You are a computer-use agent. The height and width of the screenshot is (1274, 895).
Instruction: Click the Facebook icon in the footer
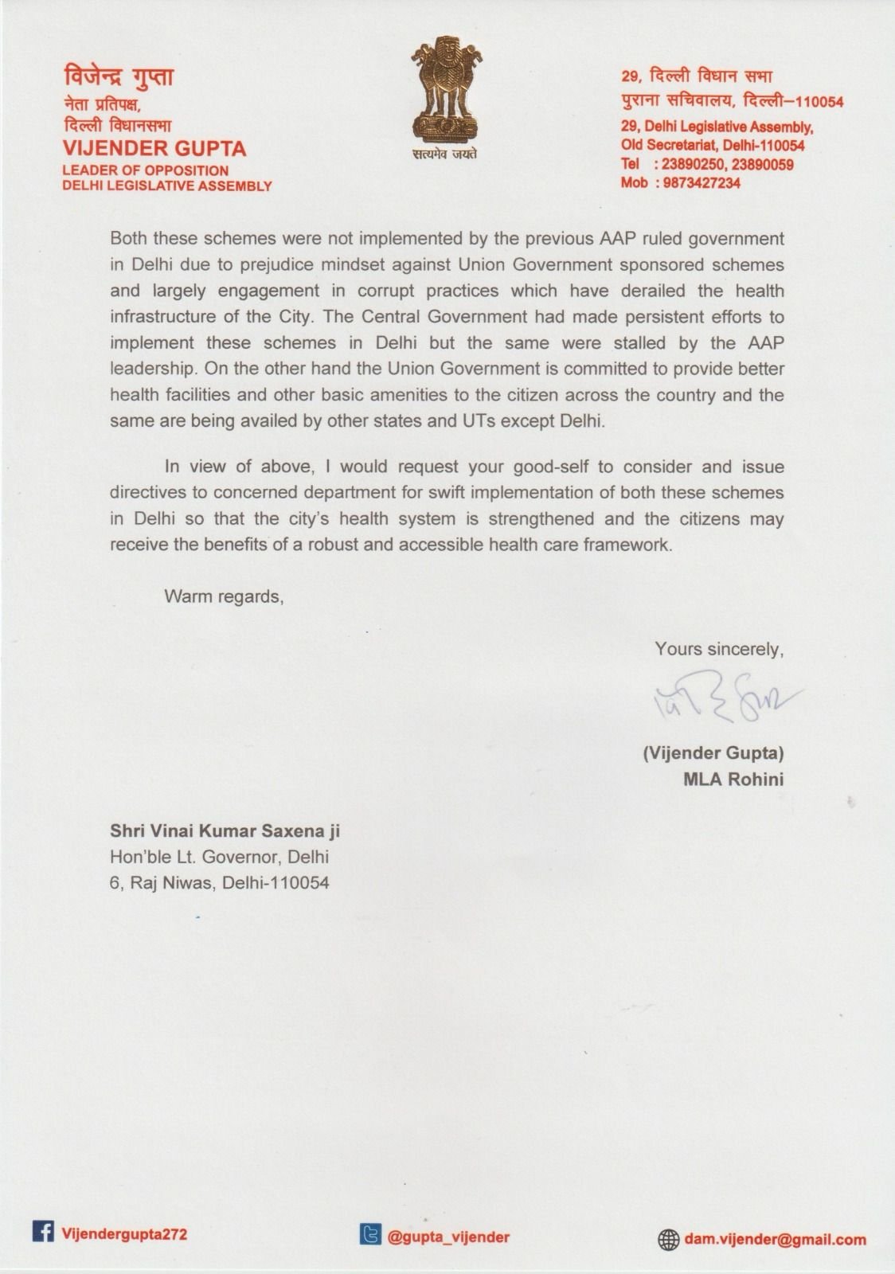(42, 1232)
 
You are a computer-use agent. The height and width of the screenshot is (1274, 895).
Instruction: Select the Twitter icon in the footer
(369, 1235)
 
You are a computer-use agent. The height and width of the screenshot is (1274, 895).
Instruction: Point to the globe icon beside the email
(667, 1239)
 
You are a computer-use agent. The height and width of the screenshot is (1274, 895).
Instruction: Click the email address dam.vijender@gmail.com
(775, 1239)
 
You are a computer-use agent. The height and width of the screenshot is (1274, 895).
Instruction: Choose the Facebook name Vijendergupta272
(124, 1233)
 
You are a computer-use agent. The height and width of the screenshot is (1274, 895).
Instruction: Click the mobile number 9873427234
(697, 182)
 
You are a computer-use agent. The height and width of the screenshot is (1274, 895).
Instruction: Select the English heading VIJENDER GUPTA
(154, 149)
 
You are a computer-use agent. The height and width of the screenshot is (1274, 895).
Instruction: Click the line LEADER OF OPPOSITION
(146, 170)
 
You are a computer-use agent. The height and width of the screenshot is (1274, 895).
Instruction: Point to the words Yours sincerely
(719, 649)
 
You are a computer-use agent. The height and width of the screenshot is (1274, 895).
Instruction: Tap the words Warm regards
(224, 596)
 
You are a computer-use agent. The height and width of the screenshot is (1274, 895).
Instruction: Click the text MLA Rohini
(733, 779)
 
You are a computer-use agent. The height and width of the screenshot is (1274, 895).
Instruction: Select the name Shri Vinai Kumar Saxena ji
(225, 831)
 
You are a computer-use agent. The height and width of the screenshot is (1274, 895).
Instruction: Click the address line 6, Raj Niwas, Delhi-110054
(219, 883)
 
